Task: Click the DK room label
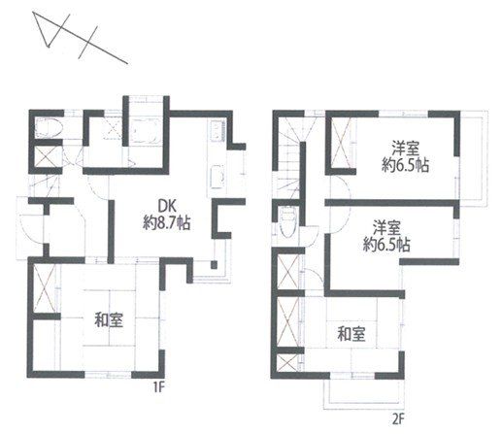coord(166,206)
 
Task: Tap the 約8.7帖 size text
coord(166,223)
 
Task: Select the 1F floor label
coord(157,387)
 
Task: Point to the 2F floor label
coord(399,419)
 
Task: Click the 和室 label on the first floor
coord(109,319)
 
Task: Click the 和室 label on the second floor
coord(351,334)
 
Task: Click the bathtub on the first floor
coord(145,130)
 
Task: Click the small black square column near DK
coord(214,265)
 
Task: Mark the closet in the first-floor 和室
coord(44,288)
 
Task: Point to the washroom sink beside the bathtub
coord(114,131)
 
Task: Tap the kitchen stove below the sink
coord(217,178)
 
